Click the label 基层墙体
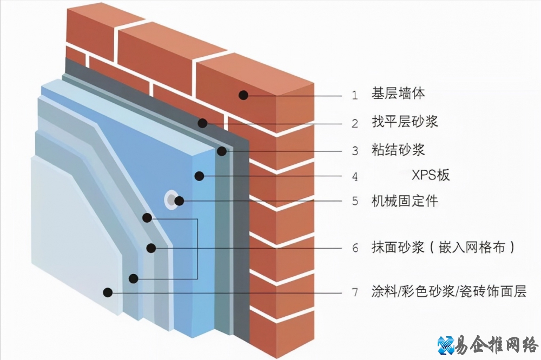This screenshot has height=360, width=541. click(x=398, y=94)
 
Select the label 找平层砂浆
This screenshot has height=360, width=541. click(x=405, y=122)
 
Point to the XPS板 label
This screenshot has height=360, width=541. click(x=431, y=175)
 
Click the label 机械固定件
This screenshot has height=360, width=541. click(x=405, y=201)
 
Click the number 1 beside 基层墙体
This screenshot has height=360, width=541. click(x=355, y=96)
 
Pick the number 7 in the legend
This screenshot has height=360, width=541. click(x=355, y=293)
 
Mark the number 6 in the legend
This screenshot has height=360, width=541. click(x=355, y=248)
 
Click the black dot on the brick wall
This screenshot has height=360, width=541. click(x=243, y=95)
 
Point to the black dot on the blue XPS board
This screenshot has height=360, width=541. click(x=199, y=175)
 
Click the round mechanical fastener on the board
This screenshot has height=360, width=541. click(x=171, y=200)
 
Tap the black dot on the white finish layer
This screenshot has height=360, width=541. click(x=108, y=292)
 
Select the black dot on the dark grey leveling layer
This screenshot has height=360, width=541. click(x=202, y=123)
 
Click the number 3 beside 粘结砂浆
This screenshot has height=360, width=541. click(x=355, y=151)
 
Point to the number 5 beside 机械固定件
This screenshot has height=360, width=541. click(x=355, y=202)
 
